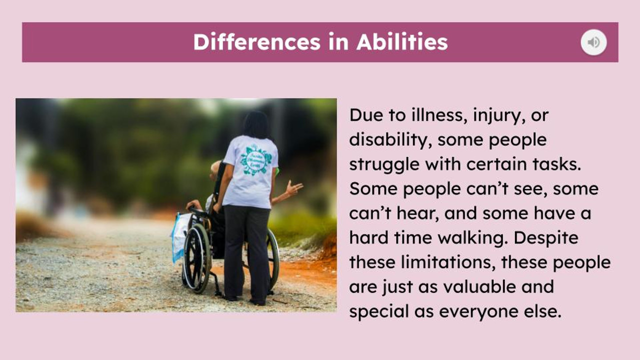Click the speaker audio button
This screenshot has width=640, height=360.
point(593,42)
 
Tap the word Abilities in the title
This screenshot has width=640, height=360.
point(402,42)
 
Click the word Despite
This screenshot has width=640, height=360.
point(546,238)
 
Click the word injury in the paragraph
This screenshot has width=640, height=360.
point(492,115)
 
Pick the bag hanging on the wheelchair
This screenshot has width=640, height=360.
point(179,236)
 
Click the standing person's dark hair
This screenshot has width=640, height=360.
point(256,124)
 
